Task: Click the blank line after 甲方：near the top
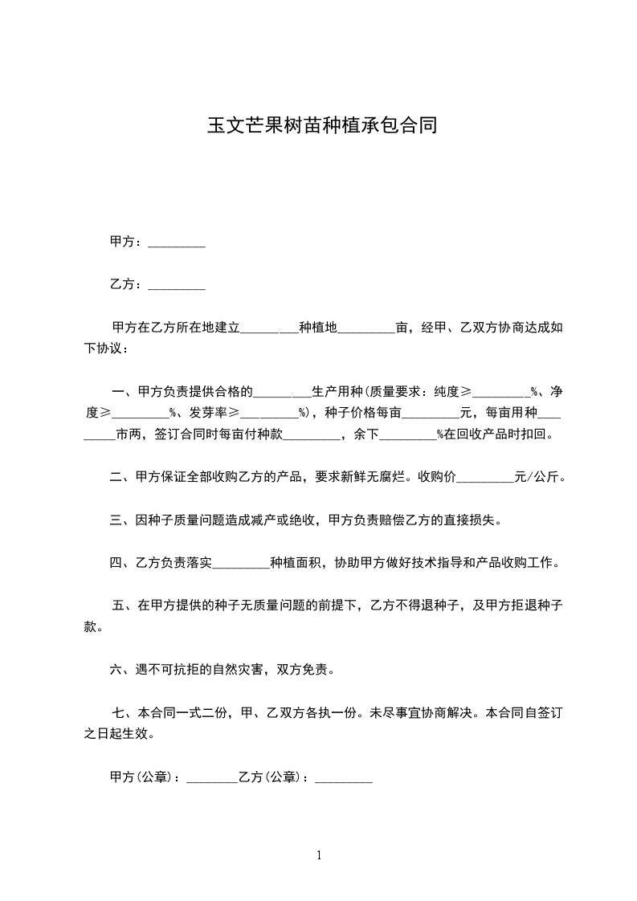(177, 243)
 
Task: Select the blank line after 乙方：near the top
(177, 285)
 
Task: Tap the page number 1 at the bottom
(319, 855)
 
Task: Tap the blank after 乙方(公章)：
(344, 778)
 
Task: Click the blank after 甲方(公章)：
(211, 778)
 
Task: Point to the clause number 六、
(120, 668)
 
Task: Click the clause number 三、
(120, 520)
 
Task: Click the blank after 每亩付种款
(312, 435)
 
